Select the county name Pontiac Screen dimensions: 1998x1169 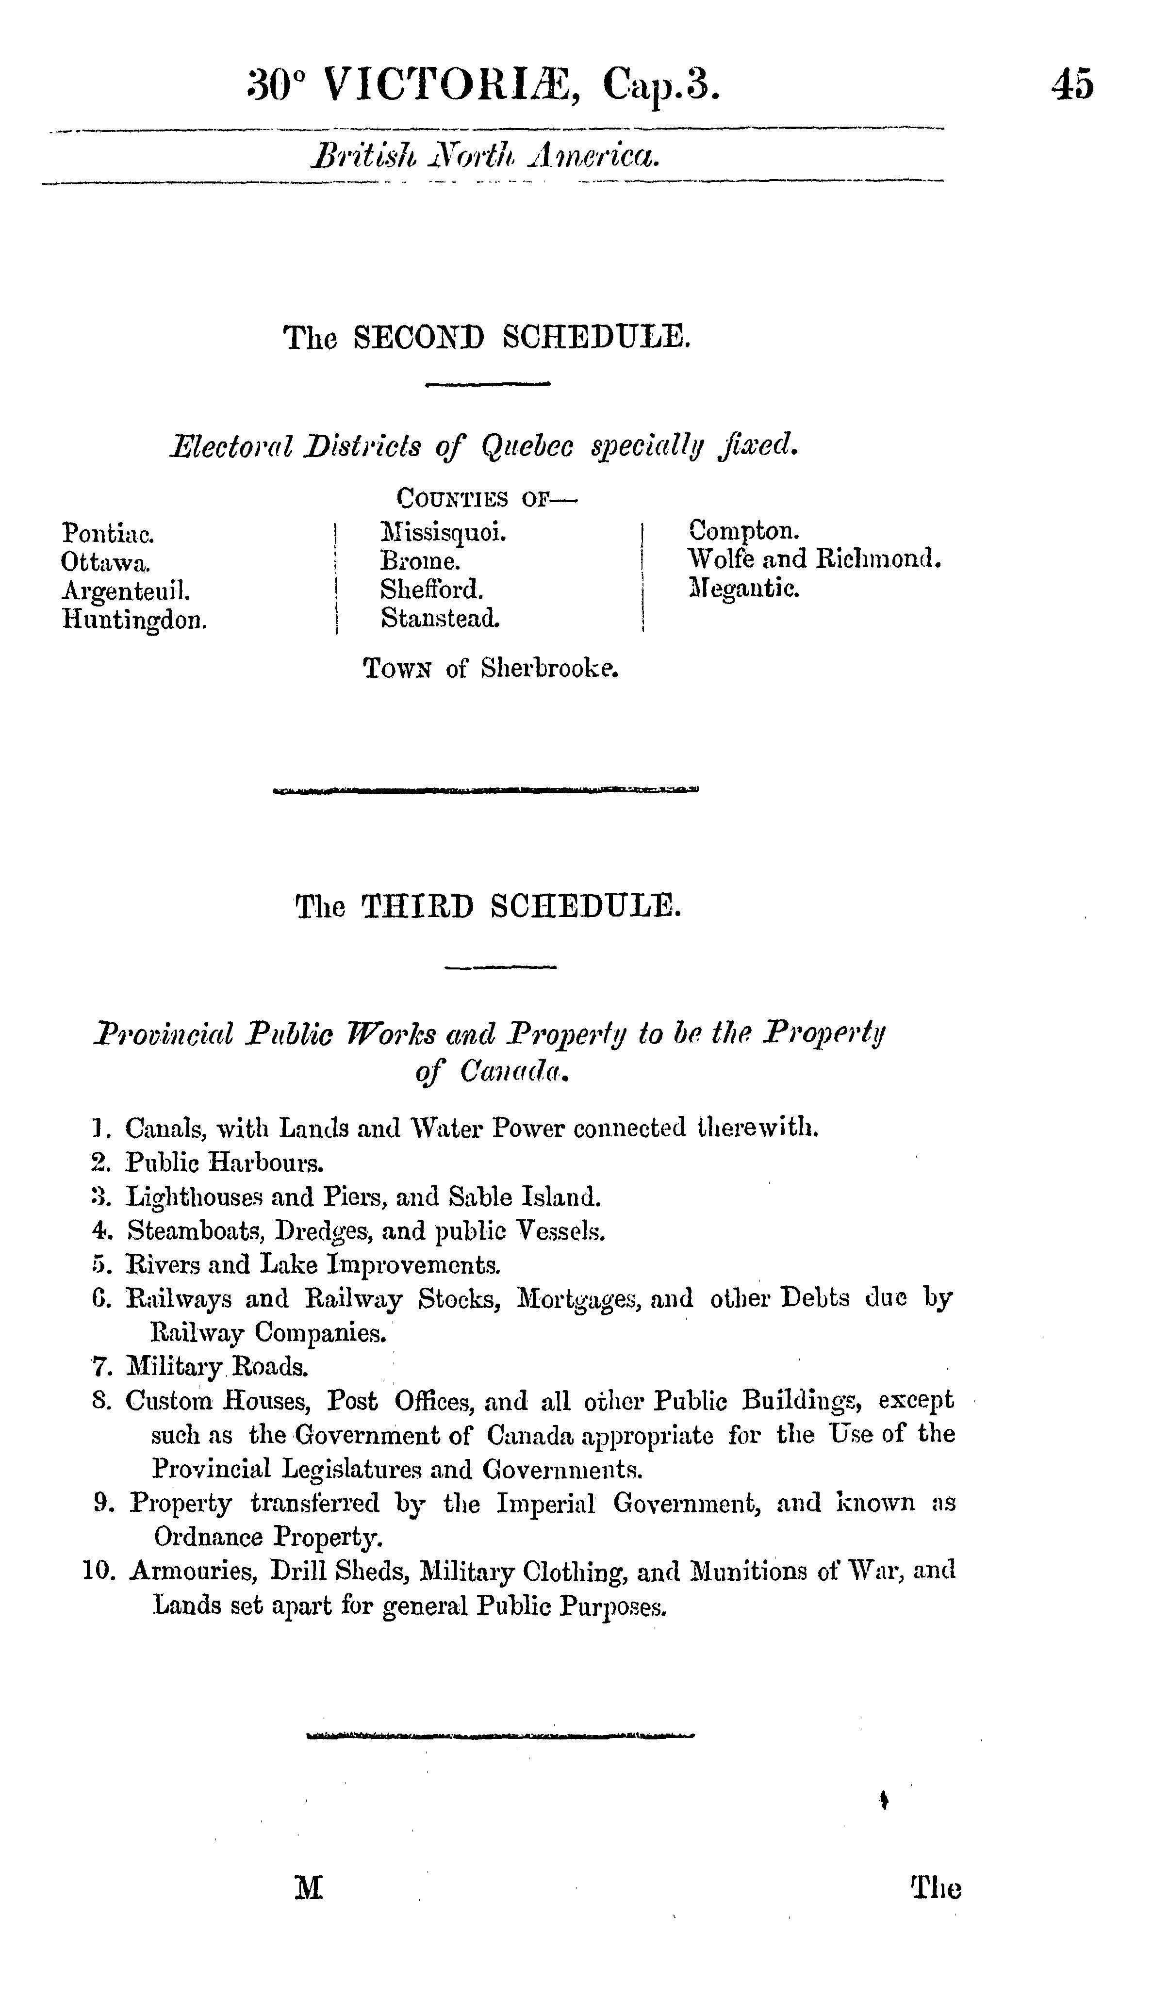click(x=108, y=534)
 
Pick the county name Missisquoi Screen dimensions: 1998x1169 click(x=444, y=532)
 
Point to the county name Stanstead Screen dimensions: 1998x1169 click(x=440, y=618)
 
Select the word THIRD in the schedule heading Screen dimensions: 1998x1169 click(x=417, y=905)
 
